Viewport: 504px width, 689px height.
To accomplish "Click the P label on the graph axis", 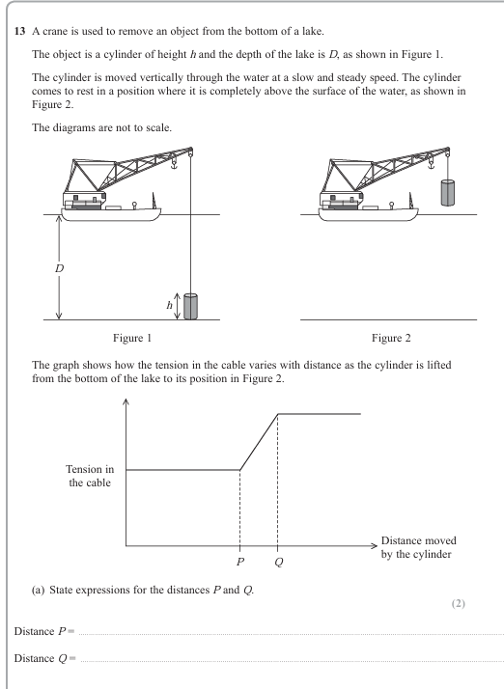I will tap(239, 561).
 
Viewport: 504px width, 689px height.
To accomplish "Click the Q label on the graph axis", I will tap(278, 561).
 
